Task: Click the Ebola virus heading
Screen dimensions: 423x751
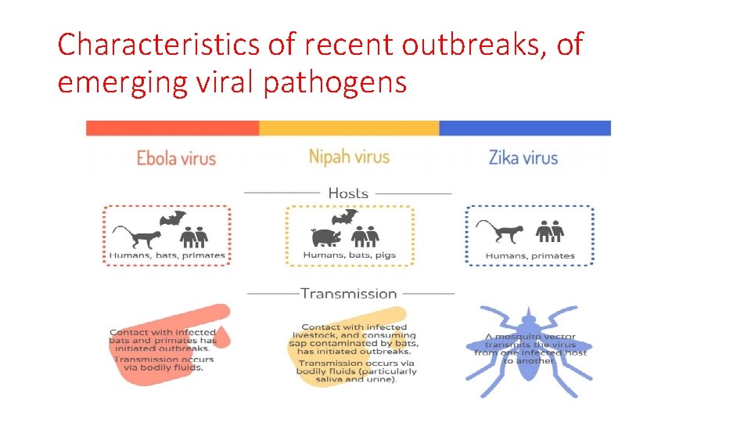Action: click(176, 158)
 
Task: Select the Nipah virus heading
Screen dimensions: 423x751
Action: click(349, 157)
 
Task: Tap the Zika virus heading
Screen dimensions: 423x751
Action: click(523, 158)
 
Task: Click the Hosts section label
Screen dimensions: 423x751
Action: click(348, 193)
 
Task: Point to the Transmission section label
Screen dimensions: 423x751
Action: click(349, 294)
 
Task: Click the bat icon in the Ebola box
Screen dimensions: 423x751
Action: click(173, 219)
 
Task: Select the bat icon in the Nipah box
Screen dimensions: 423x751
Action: click(345, 218)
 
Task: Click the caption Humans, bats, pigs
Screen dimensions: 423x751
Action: click(350, 255)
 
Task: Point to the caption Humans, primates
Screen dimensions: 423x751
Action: click(530, 256)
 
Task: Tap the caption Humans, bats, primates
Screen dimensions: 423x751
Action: click(167, 255)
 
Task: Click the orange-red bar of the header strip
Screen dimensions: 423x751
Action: click(172, 128)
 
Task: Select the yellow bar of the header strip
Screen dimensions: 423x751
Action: click(349, 128)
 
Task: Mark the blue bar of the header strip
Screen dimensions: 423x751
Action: click(525, 128)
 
